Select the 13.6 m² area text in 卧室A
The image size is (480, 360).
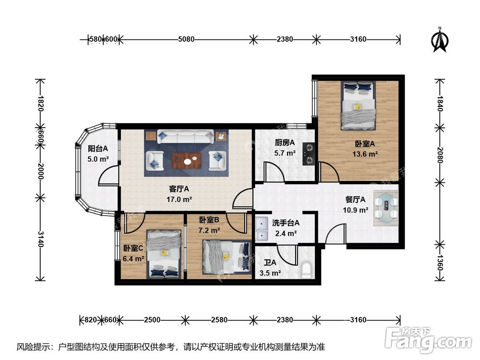tap(365, 154)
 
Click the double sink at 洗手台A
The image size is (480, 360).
tap(262, 229)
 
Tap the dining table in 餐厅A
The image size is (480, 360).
tap(386, 207)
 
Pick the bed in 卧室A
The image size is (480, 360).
tap(358, 106)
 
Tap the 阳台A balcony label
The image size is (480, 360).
tap(97, 148)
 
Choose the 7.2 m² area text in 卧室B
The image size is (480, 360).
tap(210, 230)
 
